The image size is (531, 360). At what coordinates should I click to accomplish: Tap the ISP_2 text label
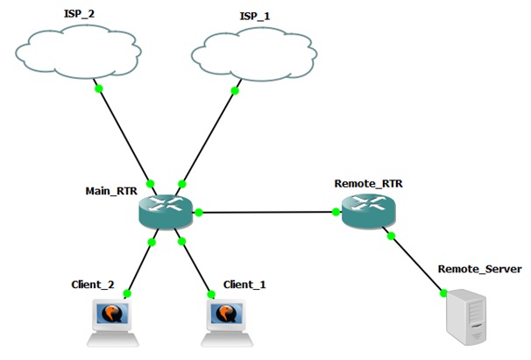coord(81,15)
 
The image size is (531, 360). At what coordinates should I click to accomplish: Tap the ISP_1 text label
coord(256,16)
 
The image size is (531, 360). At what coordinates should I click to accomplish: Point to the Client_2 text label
coord(94,285)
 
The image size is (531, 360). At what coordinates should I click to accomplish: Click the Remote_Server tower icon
coord(464,321)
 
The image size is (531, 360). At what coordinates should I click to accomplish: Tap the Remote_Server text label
coord(479,270)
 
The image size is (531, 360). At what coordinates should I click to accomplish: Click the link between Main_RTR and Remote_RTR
coord(267,212)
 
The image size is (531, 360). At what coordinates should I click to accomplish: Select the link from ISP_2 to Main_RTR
coord(124,136)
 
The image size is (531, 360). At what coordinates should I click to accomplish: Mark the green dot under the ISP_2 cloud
coord(99,88)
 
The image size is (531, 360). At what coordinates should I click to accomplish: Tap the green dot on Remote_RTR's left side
coord(336,211)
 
